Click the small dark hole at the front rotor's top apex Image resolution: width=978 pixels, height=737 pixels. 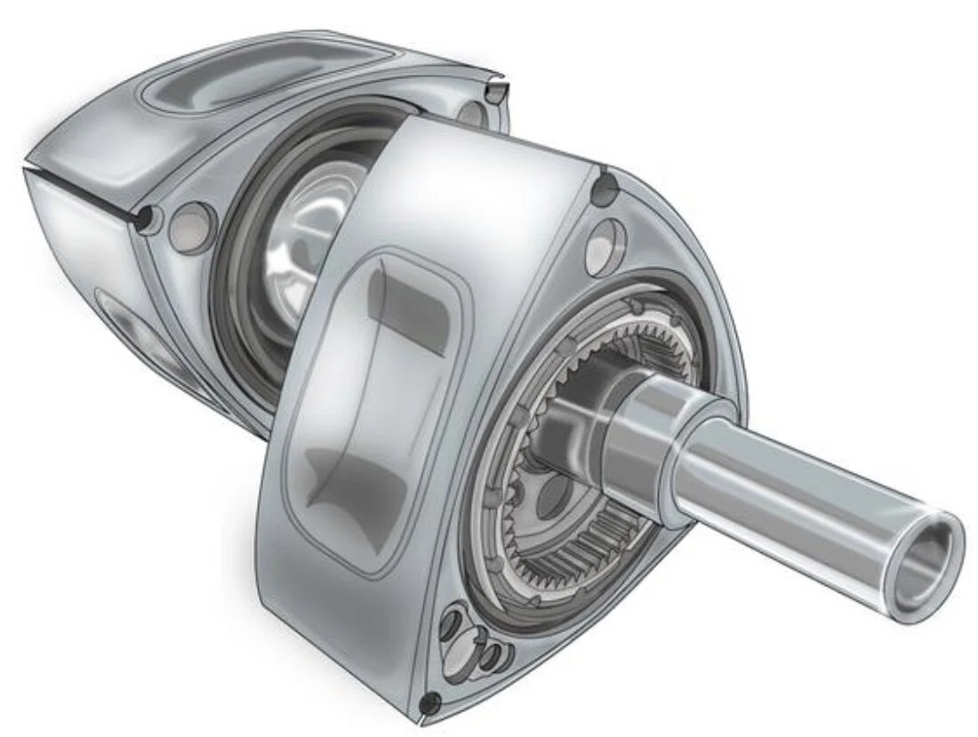pyautogui.click(x=606, y=184)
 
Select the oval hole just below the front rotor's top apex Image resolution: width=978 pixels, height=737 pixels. pyautogui.click(x=605, y=244)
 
